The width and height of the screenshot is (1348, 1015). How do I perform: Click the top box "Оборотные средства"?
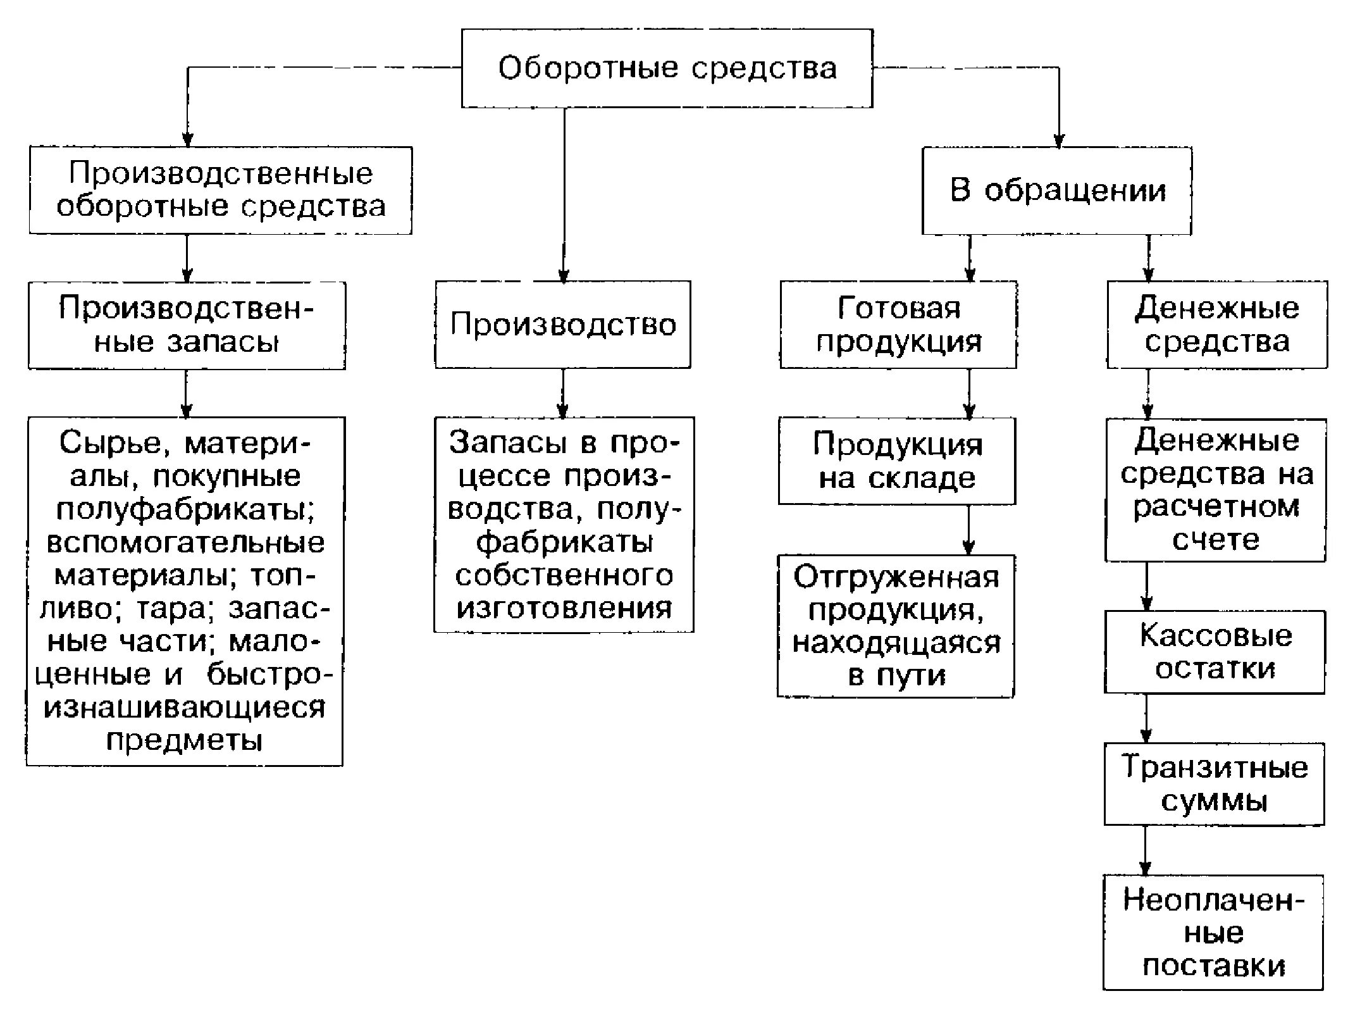[667, 68]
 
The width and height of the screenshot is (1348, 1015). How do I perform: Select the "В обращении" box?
[1056, 190]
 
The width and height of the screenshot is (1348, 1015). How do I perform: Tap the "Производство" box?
[562, 325]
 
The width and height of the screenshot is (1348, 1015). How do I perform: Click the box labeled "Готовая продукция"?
[898, 325]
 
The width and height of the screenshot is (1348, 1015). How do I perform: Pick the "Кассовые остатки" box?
[1215, 652]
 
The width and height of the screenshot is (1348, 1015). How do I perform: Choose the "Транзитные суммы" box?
[1214, 783]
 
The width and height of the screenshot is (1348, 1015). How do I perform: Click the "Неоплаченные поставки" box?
[1213, 932]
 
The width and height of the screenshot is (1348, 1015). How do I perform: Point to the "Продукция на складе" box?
[897, 461]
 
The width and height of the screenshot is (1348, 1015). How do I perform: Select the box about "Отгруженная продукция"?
[896, 626]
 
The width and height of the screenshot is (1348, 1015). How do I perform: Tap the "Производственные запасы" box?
[187, 325]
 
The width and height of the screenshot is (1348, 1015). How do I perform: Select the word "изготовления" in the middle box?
[564, 608]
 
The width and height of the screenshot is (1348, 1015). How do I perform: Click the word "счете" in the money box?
[1215, 540]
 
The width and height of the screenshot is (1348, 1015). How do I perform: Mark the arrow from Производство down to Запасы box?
[564, 393]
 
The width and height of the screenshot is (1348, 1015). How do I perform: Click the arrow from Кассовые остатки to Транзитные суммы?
[1146, 718]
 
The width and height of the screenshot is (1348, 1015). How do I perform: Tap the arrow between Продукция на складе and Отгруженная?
[968, 530]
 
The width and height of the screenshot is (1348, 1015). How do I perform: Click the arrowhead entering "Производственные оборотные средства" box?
[187, 140]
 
